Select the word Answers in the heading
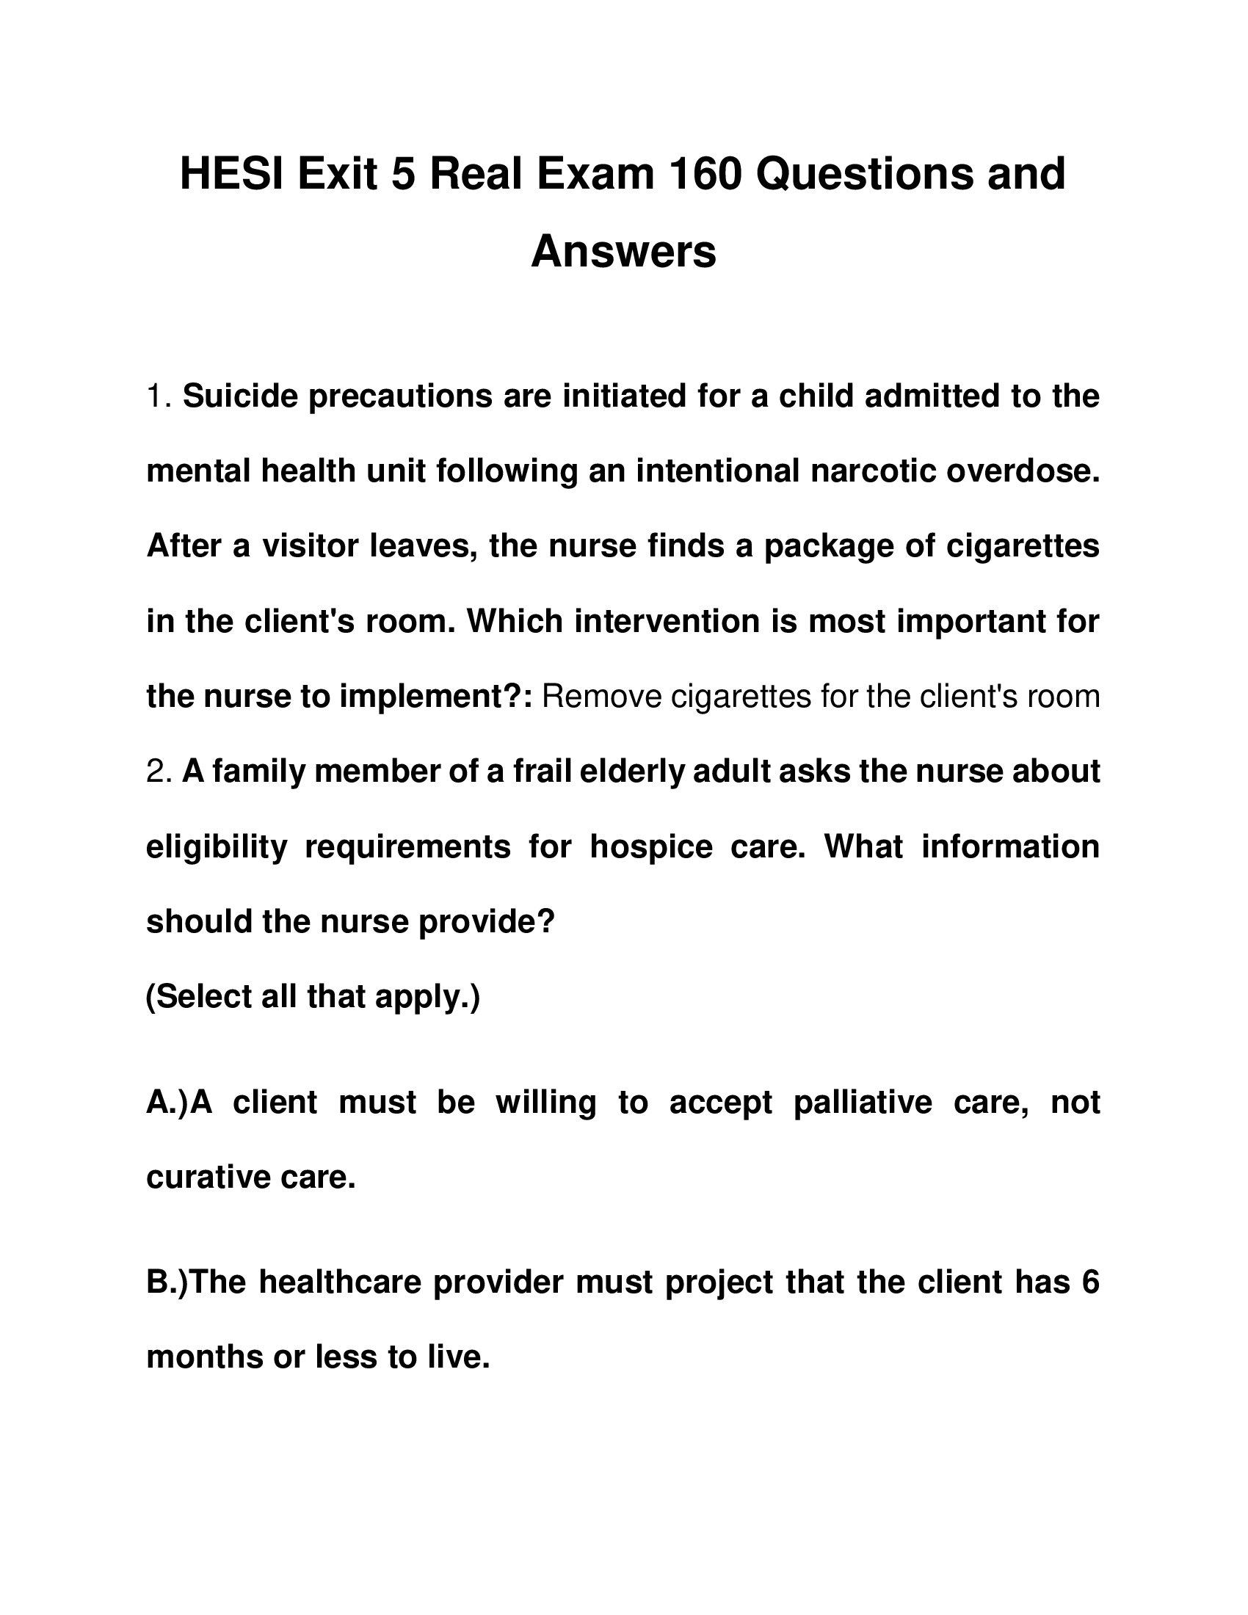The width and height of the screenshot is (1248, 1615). (623, 251)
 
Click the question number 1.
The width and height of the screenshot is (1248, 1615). (158, 396)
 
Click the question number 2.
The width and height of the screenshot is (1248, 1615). (159, 772)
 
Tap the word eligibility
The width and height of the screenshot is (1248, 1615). (217, 846)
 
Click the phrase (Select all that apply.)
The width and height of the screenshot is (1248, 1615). (313, 997)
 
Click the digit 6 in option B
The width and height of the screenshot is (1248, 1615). (1090, 1282)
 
